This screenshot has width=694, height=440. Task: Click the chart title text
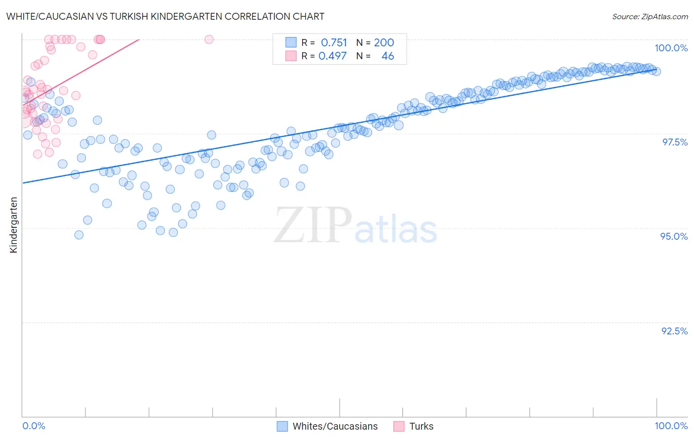click(165, 16)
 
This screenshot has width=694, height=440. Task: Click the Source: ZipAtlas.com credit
click(650, 17)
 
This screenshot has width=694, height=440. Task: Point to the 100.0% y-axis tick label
click(671, 48)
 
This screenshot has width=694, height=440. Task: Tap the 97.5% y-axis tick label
click(674, 142)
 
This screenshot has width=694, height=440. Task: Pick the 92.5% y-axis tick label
click(674, 331)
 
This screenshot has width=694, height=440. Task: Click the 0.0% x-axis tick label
click(34, 426)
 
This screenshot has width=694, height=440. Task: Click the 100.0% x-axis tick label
click(671, 426)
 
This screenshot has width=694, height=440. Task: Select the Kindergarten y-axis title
click(14, 225)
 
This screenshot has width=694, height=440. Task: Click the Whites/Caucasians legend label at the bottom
click(335, 426)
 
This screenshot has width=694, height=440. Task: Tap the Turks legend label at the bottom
click(421, 426)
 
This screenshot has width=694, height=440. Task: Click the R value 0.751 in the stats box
click(334, 42)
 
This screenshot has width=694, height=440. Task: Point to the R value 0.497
click(333, 56)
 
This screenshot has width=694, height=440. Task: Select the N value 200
click(384, 42)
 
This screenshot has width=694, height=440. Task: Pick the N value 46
click(387, 56)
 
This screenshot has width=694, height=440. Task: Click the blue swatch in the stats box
click(291, 42)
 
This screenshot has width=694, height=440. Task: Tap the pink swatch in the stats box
click(291, 56)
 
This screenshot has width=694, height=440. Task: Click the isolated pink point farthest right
click(209, 39)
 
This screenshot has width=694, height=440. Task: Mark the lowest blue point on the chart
click(79, 235)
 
